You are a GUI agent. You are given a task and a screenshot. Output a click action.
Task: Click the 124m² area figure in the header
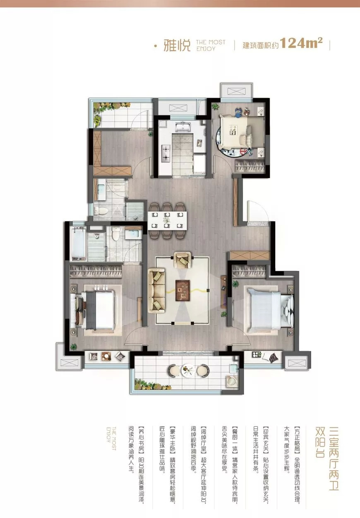301,43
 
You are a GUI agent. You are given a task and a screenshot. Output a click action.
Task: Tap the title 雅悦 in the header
177,45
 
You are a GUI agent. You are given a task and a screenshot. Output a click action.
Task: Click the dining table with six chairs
168,220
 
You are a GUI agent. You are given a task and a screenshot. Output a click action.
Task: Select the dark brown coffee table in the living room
182,291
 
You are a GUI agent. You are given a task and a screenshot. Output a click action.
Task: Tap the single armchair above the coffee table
183,260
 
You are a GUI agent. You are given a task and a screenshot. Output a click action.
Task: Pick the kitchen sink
183,127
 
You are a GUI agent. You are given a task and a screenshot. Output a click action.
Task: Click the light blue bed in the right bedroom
270,309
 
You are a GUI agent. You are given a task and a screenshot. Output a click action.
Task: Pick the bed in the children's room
242,132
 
